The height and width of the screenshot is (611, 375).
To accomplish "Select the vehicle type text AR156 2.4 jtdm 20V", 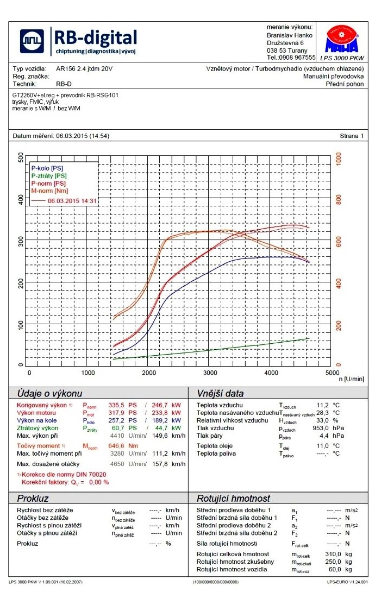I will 84,69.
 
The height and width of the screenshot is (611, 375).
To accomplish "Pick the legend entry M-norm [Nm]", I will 49,191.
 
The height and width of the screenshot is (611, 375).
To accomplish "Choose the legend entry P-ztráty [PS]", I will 49,176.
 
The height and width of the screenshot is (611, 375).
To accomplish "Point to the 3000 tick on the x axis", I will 210,373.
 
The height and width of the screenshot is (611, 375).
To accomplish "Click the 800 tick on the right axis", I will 339,200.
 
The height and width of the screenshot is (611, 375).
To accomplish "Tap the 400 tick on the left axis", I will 21,200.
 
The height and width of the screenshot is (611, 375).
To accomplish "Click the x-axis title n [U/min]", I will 351,379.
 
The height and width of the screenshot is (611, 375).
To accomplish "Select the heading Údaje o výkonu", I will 49,393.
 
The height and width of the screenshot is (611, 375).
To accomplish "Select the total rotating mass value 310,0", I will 332,554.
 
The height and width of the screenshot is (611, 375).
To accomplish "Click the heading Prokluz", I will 33,498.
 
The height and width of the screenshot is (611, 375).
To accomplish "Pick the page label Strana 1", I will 351,136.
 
